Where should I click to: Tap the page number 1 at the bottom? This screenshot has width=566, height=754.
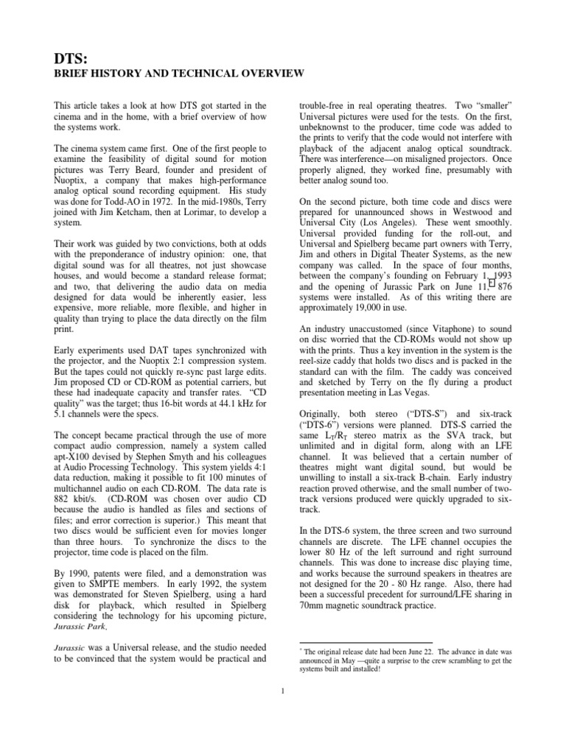[x=283, y=691]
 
